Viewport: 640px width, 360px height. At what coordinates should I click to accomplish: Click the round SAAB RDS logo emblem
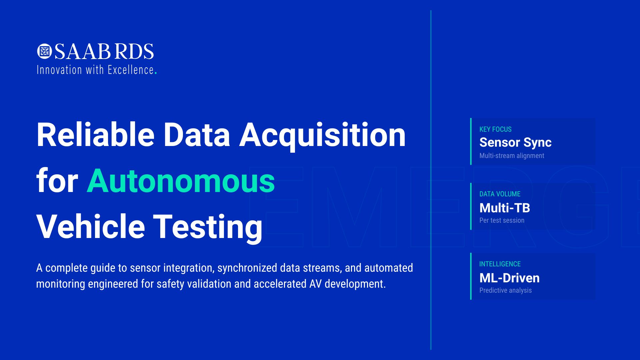[x=44, y=51]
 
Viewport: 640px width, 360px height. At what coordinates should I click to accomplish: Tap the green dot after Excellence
[x=156, y=73]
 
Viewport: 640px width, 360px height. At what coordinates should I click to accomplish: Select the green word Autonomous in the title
[x=181, y=181]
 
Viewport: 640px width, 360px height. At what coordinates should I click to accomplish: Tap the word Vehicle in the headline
[x=90, y=227]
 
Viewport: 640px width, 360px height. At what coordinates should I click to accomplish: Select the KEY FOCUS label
[x=495, y=129]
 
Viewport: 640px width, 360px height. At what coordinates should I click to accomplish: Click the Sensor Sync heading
[x=515, y=143]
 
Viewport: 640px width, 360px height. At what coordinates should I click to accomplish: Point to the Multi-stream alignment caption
[x=512, y=156]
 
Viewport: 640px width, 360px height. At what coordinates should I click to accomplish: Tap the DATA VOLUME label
[x=500, y=194]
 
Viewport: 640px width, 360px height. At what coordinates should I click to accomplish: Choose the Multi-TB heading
[x=505, y=208]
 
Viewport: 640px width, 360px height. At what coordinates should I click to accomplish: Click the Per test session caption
[x=502, y=220]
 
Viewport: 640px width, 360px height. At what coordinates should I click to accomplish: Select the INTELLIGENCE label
[x=500, y=264]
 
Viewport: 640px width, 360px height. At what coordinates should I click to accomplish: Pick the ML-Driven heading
[x=509, y=278]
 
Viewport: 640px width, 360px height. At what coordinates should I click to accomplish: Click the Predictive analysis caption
[x=505, y=290]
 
